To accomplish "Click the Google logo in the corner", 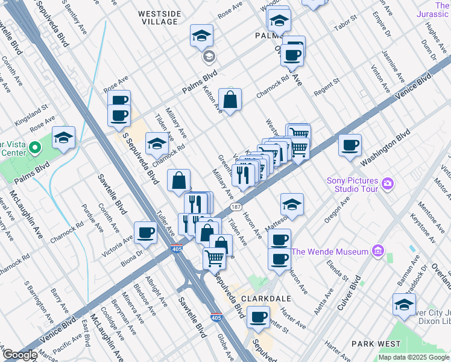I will [20, 355].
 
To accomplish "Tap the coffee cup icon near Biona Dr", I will [145, 232].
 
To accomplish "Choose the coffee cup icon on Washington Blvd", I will [350, 145].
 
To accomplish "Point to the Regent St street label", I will [326, 84].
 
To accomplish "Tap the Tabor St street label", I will [346, 30].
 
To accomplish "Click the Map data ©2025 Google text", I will [413, 357].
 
